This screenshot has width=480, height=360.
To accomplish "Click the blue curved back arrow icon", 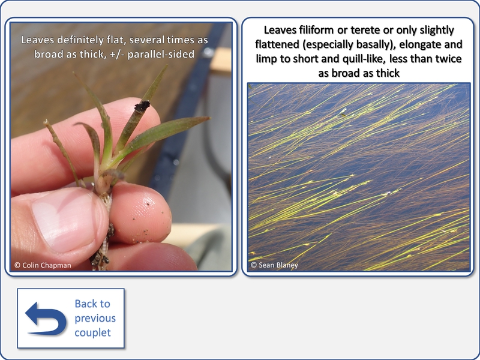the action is (x=46, y=319).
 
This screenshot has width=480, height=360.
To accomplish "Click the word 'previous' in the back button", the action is (x=95, y=319).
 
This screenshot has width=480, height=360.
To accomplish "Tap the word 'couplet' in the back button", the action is (x=93, y=333).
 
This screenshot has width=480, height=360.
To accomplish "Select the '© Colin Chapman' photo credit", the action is (x=43, y=265).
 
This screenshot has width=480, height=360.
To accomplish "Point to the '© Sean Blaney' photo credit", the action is (x=274, y=265).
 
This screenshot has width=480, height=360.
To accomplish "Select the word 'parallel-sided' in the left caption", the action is (x=161, y=55).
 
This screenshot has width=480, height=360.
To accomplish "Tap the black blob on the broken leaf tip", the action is (x=142, y=106).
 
